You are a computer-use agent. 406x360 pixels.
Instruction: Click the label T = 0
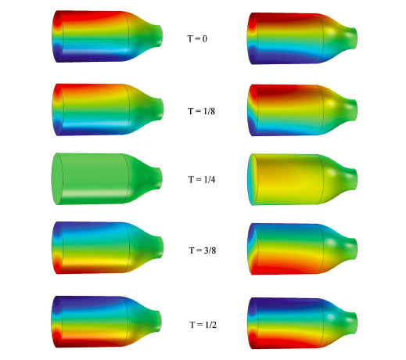[x=197, y=38]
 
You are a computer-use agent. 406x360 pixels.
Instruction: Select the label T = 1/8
[x=201, y=111]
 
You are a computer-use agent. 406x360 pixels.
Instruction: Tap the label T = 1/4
[x=202, y=179]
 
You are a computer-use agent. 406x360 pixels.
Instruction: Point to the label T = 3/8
[x=203, y=250]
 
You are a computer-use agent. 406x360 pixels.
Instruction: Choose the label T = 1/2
[x=203, y=325]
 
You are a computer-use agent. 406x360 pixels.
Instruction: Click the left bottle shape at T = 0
[x=107, y=36]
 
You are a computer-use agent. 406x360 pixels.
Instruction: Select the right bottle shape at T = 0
[x=302, y=38]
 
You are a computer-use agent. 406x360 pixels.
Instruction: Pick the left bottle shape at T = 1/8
[x=108, y=110]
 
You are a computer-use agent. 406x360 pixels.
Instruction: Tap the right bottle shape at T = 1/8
[x=302, y=110]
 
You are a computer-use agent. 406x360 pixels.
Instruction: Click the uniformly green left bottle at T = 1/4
[x=107, y=178]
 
